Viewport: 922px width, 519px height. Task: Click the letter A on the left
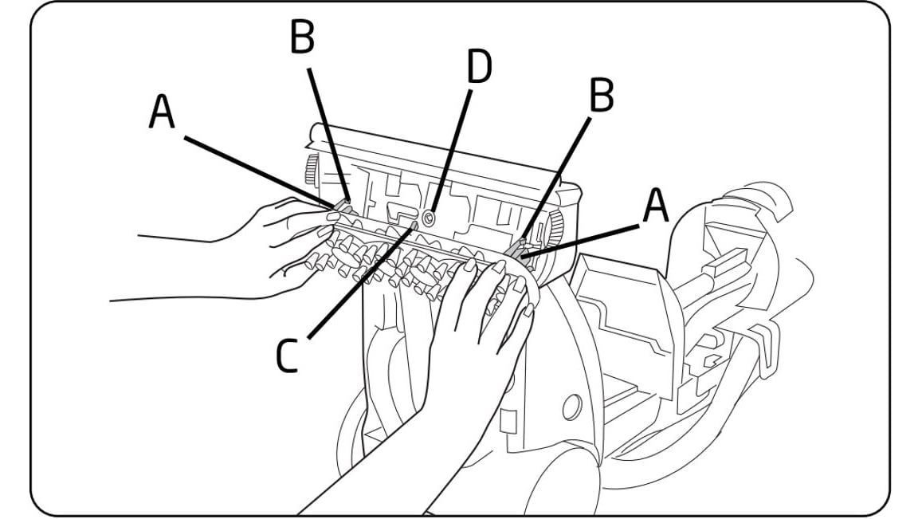[x=162, y=114]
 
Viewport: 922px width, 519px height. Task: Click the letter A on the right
[x=655, y=206]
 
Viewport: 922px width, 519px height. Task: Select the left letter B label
[x=302, y=37]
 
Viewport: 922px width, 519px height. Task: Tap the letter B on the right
[x=601, y=96]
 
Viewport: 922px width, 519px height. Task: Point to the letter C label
[x=287, y=356]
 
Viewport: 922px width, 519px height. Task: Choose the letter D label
[x=478, y=69]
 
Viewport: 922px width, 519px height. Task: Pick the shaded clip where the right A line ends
[x=520, y=255]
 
